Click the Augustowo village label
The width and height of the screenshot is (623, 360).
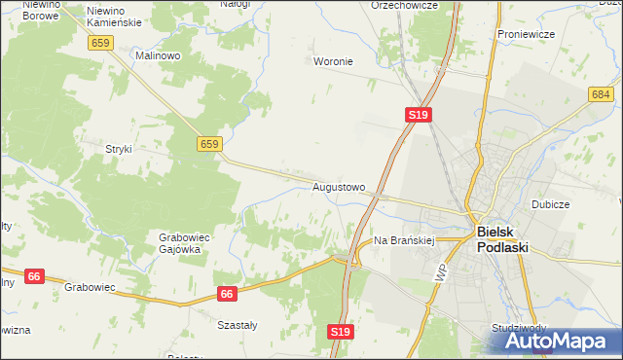pyautogui.click(x=339, y=186)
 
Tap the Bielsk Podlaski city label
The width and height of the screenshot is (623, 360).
pyautogui.click(x=502, y=239)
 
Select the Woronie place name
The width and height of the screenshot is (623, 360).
pyautogui.click(x=333, y=61)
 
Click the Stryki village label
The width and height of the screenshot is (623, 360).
pyautogui.click(x=118, y=149)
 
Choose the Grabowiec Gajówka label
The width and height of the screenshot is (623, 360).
pyautogui.click(x=179, y=242)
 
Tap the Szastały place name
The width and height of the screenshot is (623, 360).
pyautogui.click(x=237, y=325)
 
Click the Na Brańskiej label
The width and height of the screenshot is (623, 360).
pyautogui.click(x=403, y=239)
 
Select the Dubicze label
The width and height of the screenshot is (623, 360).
pyautogui.click(x=550, y=205)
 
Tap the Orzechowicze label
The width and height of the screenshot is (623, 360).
pyautogui.click(x=404, y=5)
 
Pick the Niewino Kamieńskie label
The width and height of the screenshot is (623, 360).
pyautogui.click(x=114, y=16)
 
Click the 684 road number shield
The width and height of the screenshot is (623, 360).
pyautogui.click(x=600, y=94)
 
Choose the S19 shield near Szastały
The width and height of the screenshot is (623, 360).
pyautogui.click(x=340, y=332)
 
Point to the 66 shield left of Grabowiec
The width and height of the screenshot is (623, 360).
pyautogui.click(x=33, y=276)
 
